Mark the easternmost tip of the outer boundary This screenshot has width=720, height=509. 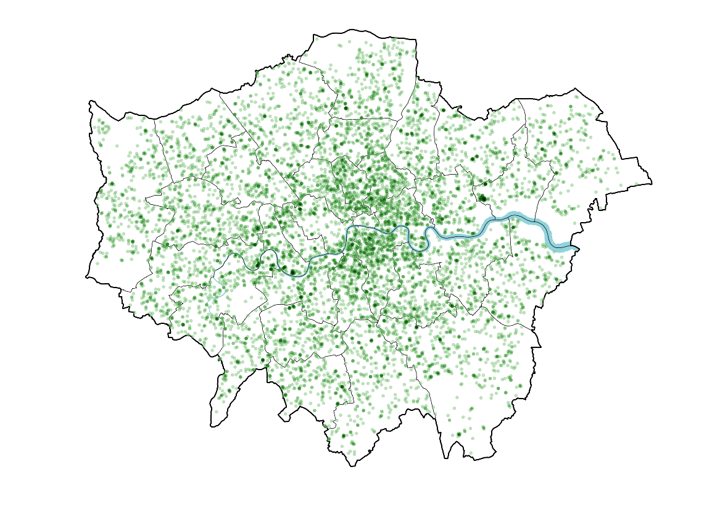pos(652,183)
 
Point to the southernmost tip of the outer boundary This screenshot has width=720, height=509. pos(352,466)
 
